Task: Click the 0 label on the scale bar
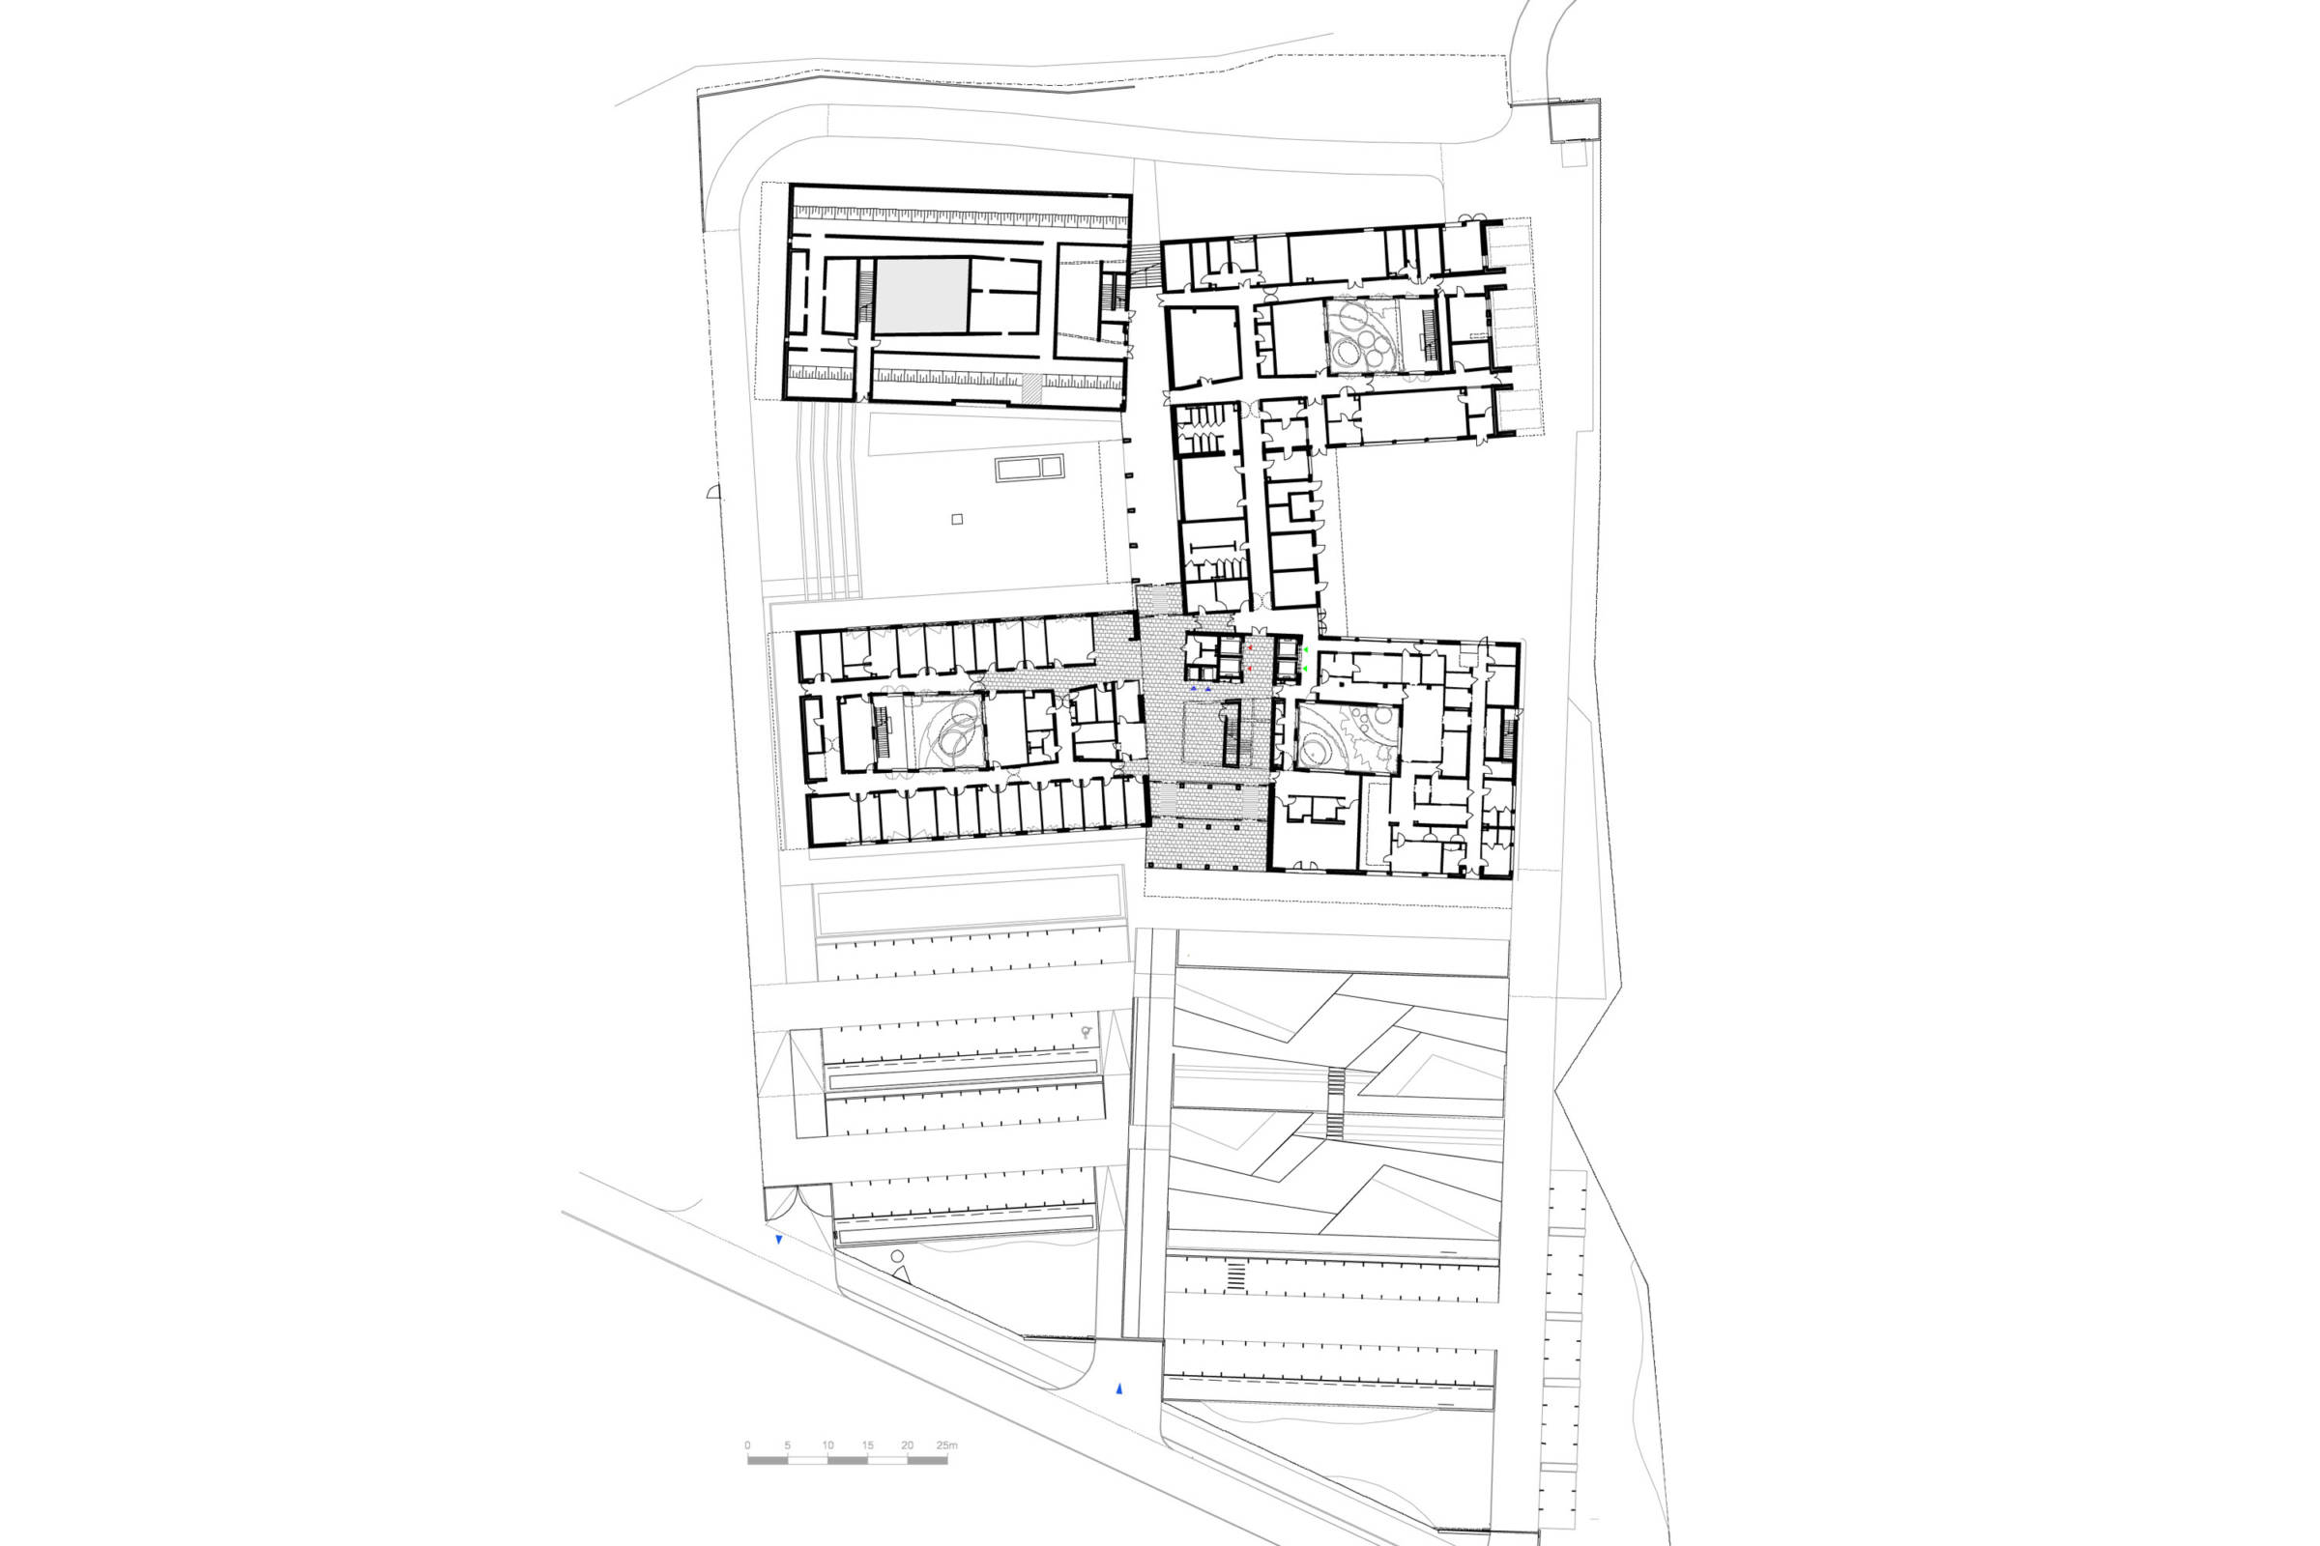click(x=747, y=1446)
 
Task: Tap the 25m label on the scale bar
click(x=947, y=1446)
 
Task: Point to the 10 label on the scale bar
click(x=827, y=1446)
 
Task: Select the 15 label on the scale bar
click(x=867, y=1446)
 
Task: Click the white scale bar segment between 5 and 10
click(x=808, y=1459)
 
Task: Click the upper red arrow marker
click(x=1251, y=648)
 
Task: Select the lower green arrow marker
click(x=1304, y=670)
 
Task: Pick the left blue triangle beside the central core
click(x=1193, y=688)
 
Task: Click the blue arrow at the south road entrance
click(x=1118, y=1389)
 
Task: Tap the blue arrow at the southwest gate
click(x=778, y=1240)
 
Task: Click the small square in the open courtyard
click(x=957, y=519)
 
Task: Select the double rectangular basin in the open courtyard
click(x=1029, y=468)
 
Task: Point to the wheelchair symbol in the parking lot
click(x=1086, y=1032)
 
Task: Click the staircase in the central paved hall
click(x=1231, y=734)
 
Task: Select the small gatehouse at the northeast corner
click(x=1575, y=122)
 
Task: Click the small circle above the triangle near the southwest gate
click(x=897, y=1257)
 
